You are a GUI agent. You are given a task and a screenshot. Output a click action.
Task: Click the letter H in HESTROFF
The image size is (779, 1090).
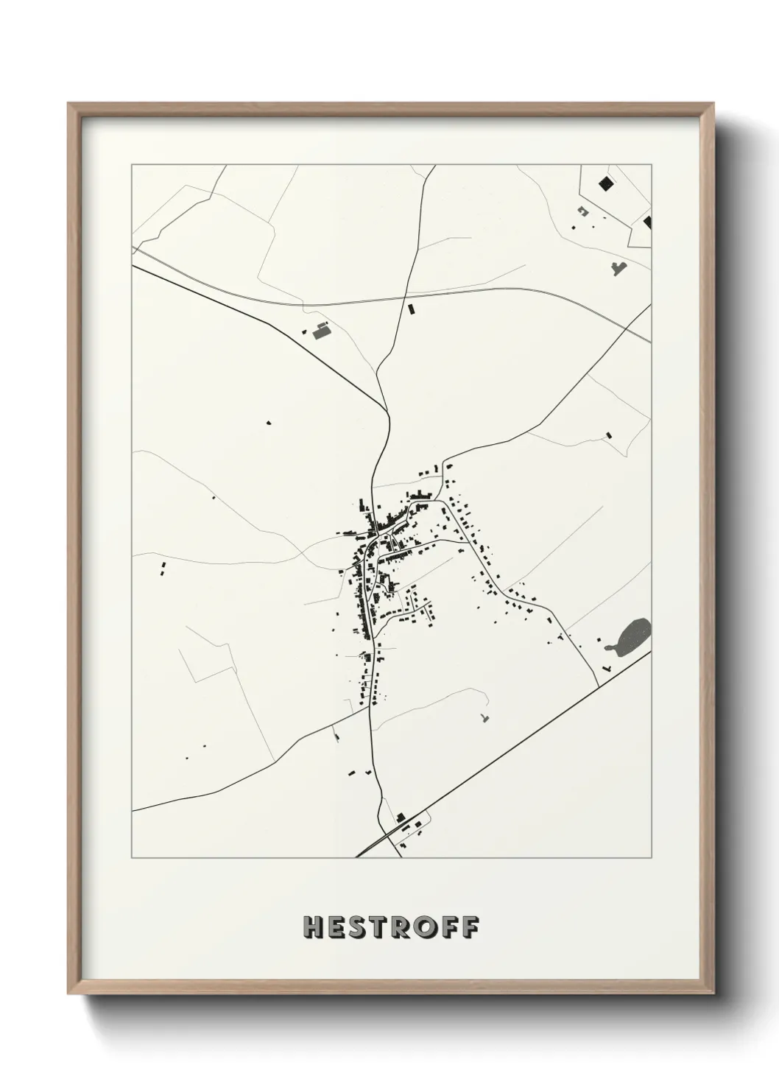[312, 926]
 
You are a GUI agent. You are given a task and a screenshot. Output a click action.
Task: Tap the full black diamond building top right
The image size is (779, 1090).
[606, 183]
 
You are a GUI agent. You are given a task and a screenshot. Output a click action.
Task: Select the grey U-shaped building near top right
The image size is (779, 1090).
[583, 212]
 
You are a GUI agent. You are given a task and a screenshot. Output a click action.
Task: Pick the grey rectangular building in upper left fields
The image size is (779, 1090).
[320, 332]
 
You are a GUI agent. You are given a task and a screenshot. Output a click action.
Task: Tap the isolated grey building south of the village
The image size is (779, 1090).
[484, 717]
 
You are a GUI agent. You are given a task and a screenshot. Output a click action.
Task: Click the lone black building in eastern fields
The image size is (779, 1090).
[607, 435]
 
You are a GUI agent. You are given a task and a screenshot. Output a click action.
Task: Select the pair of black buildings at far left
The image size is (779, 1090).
[163, 568]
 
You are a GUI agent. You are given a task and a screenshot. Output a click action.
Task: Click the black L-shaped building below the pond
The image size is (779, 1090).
[606, 667]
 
